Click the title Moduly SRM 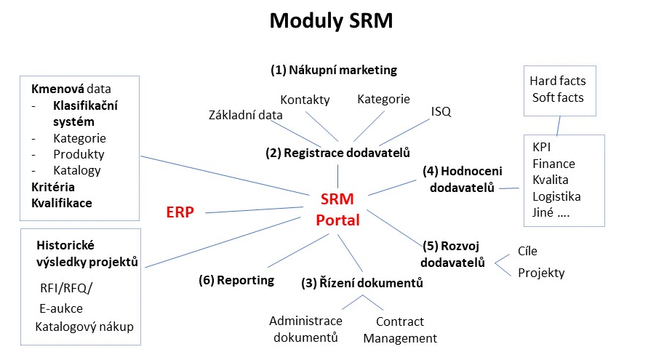pos(331,21)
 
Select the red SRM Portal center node pos(337,209)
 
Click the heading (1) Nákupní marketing pos(334,71)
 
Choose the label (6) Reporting pos(236,280)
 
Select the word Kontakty pos(305,100)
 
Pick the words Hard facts pos(557,81)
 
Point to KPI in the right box pos(542,148)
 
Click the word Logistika pos(556,196)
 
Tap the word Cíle pos(527,251)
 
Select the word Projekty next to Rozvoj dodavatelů pos(541,273)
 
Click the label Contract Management pos(400,329)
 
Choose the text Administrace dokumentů pos(305,329)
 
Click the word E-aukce pos(61,308)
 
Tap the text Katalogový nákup pos(84,327)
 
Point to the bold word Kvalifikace pos(62,203)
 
